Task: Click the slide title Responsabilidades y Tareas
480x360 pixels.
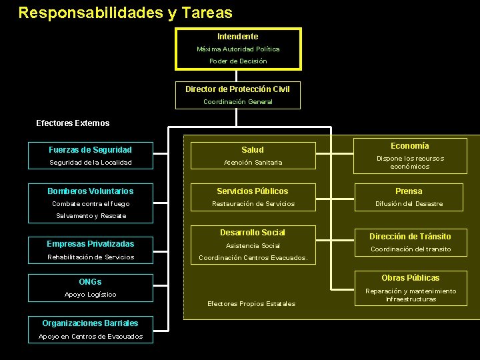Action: click(x=125, y=13)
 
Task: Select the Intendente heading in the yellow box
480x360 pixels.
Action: click(x=237, y=37)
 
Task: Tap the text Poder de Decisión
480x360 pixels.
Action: click(x=237, y=61)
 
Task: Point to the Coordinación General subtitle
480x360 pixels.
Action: click(x=237, y=102)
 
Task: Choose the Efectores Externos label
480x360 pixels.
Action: click(x=73, y=123)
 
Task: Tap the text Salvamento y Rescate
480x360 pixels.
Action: click(x=91, y=216)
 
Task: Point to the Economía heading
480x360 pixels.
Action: click(x=409, y=146)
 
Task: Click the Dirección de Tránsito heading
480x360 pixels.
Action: click(x=411, y=237)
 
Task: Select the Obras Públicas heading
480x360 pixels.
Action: click(x=411, y=278)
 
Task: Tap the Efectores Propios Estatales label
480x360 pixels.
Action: click(x=251, y=304)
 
